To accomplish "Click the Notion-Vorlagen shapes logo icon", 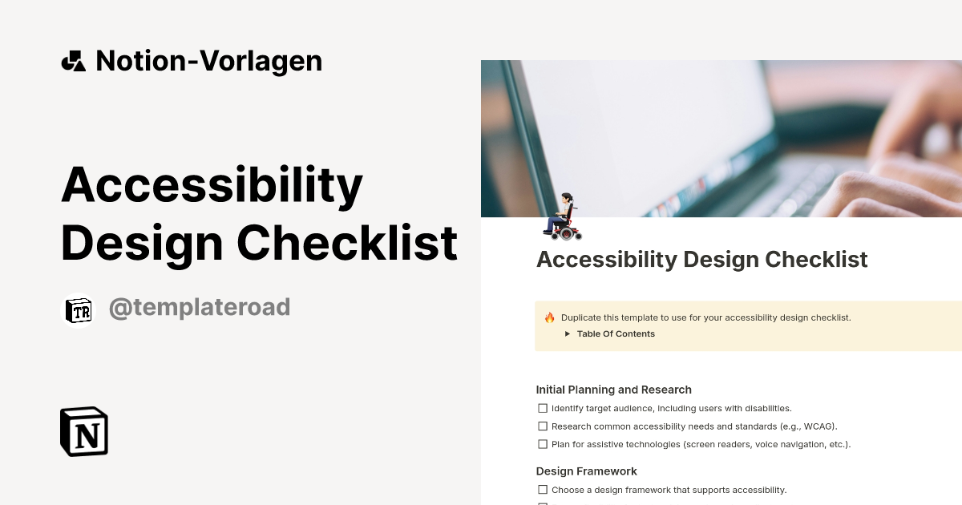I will point(73,61).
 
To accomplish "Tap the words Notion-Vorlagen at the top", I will point(208,61).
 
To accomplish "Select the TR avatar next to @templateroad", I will point(79,311).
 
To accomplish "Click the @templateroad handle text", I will point(199,307).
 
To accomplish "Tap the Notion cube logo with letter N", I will point(84,431).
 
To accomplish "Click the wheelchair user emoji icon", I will point(563,216).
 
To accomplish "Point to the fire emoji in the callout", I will point(550,317).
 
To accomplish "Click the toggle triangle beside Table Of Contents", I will point(568,334).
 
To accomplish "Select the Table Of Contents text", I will point(616,334).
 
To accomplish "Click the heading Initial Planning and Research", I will point(613,390).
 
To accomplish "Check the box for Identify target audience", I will point(543,408).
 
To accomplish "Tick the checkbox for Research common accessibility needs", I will point(543,426).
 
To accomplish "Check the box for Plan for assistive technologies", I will point(543,444).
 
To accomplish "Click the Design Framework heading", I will point(586,471).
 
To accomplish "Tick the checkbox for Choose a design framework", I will point(543,490).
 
